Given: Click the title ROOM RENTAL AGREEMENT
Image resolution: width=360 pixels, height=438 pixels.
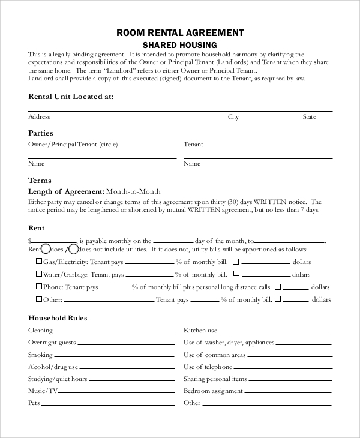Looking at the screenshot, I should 180,32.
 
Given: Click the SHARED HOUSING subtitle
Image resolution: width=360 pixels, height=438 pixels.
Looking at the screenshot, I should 180,45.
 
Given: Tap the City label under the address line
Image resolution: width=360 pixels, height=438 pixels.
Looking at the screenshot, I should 233,117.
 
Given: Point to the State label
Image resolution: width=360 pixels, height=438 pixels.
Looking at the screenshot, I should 309,117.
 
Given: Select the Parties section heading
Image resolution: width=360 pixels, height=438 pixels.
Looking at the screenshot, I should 41,133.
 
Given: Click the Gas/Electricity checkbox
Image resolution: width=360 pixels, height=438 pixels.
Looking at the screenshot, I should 39,261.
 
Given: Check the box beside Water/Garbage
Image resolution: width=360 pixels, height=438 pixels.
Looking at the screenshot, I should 39,274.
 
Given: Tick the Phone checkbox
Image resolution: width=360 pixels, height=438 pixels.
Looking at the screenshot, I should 39,286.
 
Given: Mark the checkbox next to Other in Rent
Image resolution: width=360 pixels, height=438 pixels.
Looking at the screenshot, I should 39,298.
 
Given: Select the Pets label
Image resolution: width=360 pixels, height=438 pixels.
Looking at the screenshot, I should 34,403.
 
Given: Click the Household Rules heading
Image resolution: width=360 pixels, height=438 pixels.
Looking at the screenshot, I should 58,318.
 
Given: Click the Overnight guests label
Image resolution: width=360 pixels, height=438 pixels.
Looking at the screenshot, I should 52,343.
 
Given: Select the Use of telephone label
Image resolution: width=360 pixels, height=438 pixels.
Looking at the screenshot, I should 208,367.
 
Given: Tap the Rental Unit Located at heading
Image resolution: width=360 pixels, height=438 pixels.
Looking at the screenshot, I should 71,96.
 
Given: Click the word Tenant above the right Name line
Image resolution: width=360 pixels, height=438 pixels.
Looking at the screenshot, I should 193,145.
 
